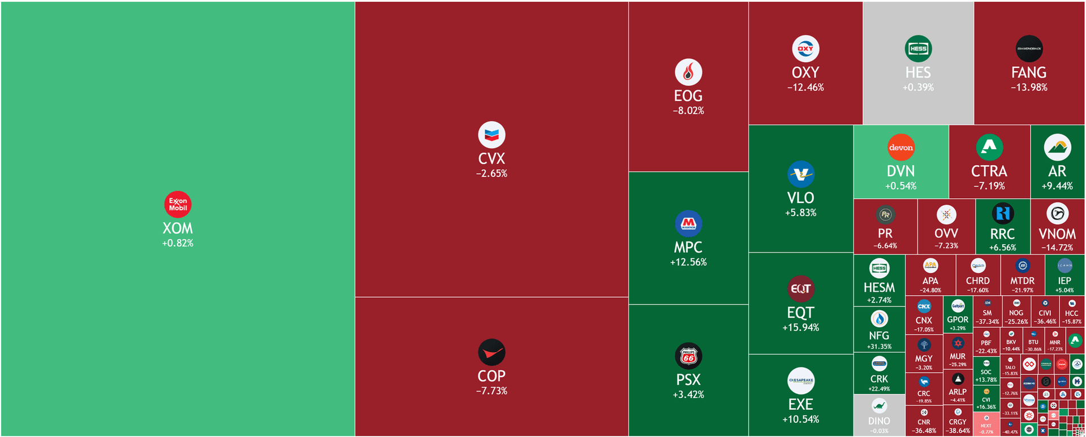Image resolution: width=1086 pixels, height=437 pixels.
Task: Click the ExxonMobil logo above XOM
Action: [x=178, y=204]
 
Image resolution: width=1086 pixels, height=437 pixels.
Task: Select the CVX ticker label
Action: [x=492, y=159]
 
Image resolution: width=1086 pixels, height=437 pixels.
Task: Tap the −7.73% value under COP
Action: [x=492, y=391]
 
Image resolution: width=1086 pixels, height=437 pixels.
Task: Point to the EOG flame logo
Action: [x=688, y=72]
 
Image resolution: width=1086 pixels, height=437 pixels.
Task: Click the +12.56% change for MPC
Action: [x=688, y=262]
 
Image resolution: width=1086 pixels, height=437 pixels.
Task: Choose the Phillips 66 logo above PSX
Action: [x=688, y=357]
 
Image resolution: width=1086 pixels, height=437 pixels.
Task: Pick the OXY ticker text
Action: [x=805, y=73]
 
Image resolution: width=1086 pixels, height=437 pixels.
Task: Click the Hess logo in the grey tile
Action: [x=918, y=49]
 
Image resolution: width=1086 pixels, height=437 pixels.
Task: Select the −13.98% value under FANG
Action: [x=1029, y=88]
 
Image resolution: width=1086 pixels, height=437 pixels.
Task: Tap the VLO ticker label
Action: [x=800, y=198]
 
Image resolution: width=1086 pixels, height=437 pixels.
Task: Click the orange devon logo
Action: [x=900, y=148]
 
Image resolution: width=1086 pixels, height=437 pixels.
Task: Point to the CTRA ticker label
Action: [x=989, y=171]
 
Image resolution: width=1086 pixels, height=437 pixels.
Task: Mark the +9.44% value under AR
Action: [x=1057, y=186]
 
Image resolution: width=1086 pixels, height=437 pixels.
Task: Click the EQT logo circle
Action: [x=800, y=289]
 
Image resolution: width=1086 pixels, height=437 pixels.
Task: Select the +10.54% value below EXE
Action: [x=800, y=419]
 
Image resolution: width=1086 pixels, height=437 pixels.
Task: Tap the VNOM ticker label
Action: [x=1057, y=234]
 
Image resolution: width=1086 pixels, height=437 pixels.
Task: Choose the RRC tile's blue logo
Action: [x=1002, y=213]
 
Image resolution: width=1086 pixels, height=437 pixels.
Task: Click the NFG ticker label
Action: [x=879, y=336]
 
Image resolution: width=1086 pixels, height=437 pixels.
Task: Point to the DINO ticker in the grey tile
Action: [x=879, y=421]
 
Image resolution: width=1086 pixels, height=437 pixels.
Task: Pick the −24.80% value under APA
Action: [x=930, y=291]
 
